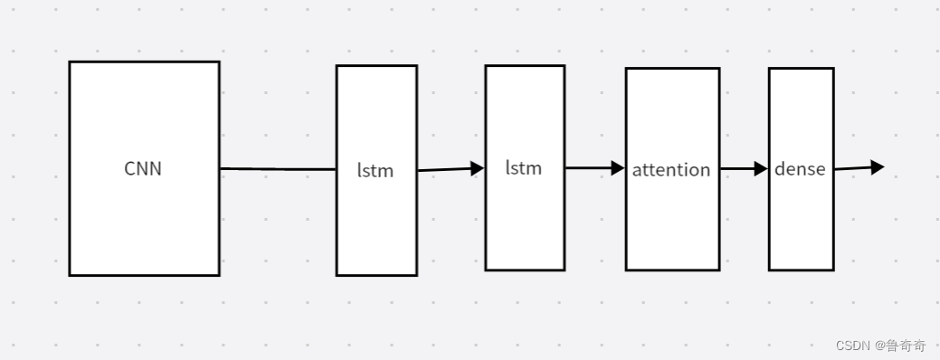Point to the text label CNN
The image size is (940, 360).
point(143,168)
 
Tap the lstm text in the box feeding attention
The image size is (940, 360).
point(524,167)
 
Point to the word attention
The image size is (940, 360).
point(671,170)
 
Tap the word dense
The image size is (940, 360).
point(800,169)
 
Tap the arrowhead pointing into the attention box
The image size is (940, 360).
point(618,167)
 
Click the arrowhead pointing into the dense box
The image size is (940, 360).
point(761,168)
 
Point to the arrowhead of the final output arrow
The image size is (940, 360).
point(877,166)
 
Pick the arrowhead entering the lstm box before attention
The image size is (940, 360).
point(478,167)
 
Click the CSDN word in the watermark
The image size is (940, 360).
point(851,346)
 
